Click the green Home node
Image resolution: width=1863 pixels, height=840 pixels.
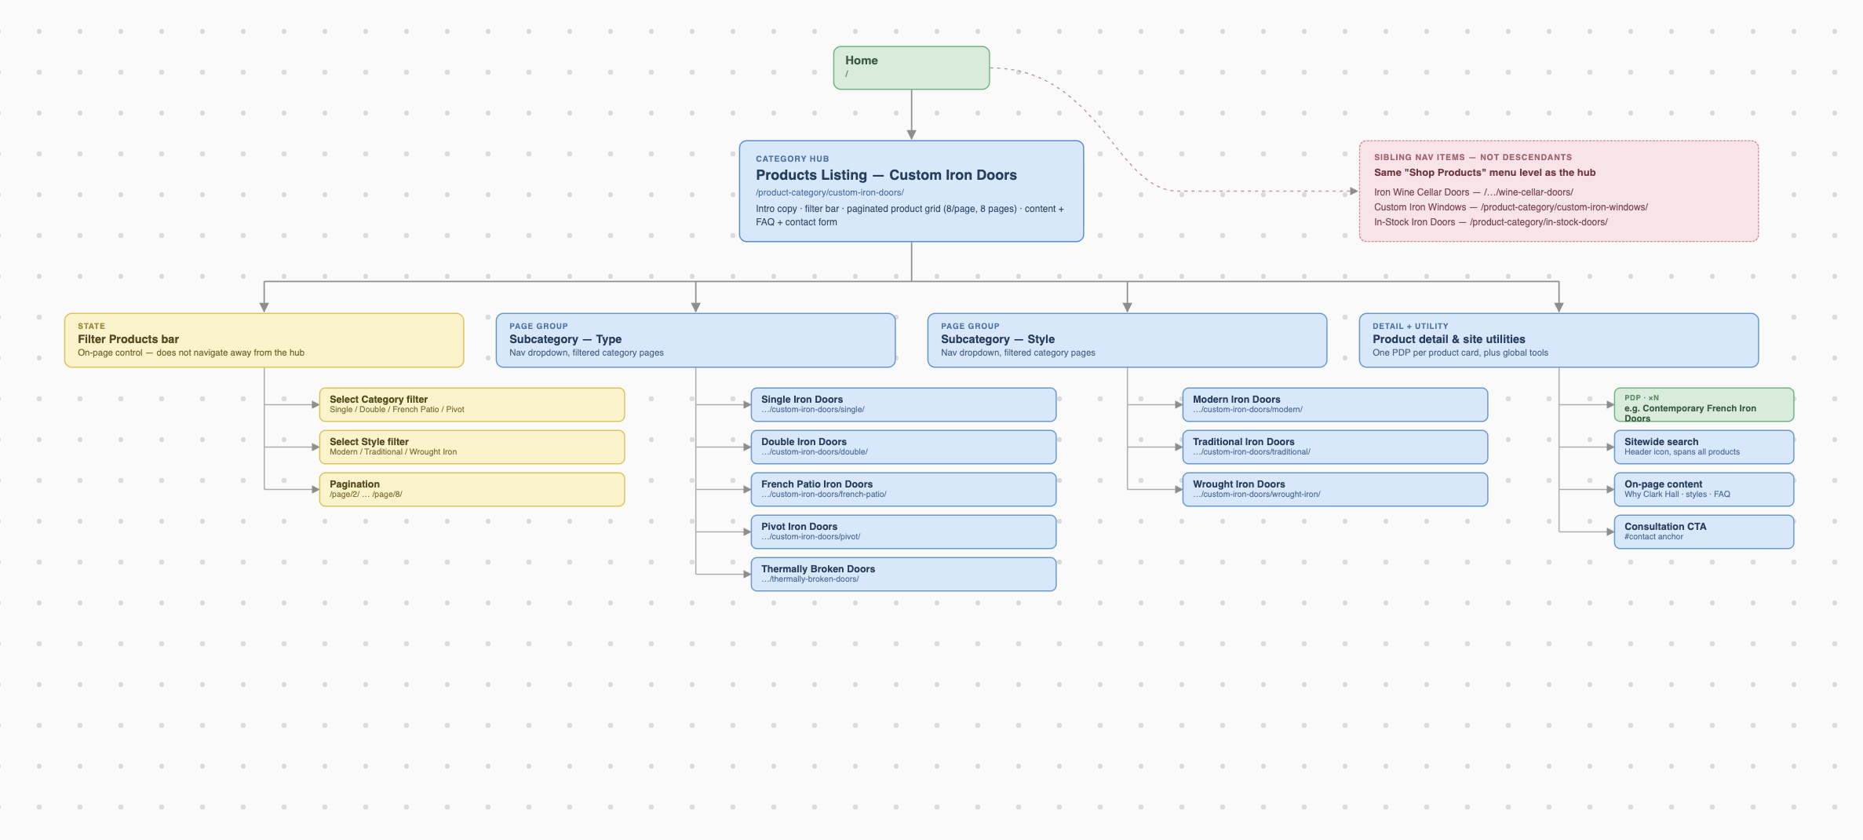tap(911, 68)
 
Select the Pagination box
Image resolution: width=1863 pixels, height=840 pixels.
tap(472, 489)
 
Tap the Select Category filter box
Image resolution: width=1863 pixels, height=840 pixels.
tap(472, 404)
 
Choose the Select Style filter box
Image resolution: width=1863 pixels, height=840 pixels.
tap(472, 447)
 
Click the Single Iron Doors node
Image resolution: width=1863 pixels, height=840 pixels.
tap(903, 404)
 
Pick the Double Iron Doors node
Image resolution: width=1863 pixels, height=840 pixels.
tap(903, 447)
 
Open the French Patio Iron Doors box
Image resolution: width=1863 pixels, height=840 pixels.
tap(903, 489)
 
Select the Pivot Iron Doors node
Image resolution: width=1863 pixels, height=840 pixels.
tap(903, 531)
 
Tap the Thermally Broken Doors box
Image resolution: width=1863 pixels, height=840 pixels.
tap(903, 574)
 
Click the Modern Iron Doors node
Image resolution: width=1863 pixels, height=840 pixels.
tap(1335, 404)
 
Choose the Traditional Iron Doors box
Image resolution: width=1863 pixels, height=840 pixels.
tap(1335, 447)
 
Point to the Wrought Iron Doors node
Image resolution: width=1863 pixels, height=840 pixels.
tap(1335, 489)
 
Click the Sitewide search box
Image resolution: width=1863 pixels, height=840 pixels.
tap(1704, 447)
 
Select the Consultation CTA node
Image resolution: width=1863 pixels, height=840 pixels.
tap(1704, 531)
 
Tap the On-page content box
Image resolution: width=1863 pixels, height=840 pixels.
tap(1704, 489)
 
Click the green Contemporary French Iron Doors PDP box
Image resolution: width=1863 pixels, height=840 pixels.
tap(1704, 404)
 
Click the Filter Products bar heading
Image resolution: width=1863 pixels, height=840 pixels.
tap(128, 339)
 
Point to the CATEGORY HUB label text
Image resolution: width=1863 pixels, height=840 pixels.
tap(792, 159)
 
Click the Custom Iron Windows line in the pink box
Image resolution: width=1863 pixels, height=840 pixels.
tap(1511, 207)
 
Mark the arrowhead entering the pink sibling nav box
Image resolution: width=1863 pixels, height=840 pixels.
tap(1354, 191)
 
